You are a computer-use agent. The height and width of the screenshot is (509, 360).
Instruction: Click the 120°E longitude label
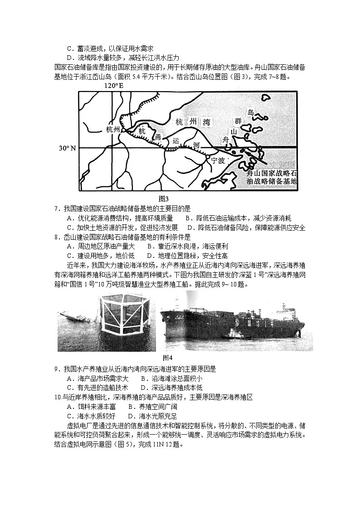(114, 85)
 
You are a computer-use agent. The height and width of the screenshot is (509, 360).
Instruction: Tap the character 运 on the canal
(176, 141)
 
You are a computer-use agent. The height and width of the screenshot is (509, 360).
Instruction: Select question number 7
(56, 208)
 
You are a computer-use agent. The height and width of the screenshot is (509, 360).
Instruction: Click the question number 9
(56, 368)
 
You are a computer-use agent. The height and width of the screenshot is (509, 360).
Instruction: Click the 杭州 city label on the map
(112, 130)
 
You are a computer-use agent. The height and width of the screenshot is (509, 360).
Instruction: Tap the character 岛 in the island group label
(250, 111)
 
